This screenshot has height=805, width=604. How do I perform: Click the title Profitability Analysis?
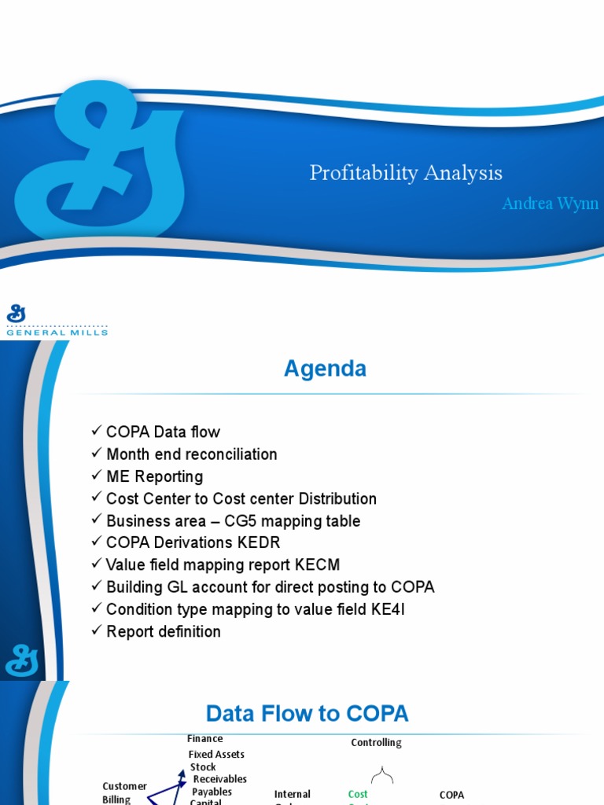click(406, 173)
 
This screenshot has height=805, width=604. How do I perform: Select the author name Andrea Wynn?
click(550, 204)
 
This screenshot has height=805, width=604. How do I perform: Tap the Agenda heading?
click(325, 368)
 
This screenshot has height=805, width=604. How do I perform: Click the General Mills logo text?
click(57, 332)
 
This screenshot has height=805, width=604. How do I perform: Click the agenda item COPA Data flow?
click(163, 432)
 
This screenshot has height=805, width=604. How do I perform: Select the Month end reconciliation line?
click(191, 454)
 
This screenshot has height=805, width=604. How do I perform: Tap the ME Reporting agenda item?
click(154, 476)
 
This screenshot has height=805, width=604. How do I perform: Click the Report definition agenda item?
click(163, 631)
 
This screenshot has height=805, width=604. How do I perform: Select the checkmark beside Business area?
click(97, 520)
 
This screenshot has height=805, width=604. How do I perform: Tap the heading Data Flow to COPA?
click(307, 714)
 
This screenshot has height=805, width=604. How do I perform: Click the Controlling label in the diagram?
click(376, 742)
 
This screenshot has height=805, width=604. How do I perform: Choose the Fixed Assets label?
click(216, 754)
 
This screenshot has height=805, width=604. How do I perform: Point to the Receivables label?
click(220, 779)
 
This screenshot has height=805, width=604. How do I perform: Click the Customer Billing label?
click(124, 792)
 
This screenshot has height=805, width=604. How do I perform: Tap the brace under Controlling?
click(382, 776)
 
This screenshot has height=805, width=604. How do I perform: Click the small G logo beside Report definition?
click(22, 660)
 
